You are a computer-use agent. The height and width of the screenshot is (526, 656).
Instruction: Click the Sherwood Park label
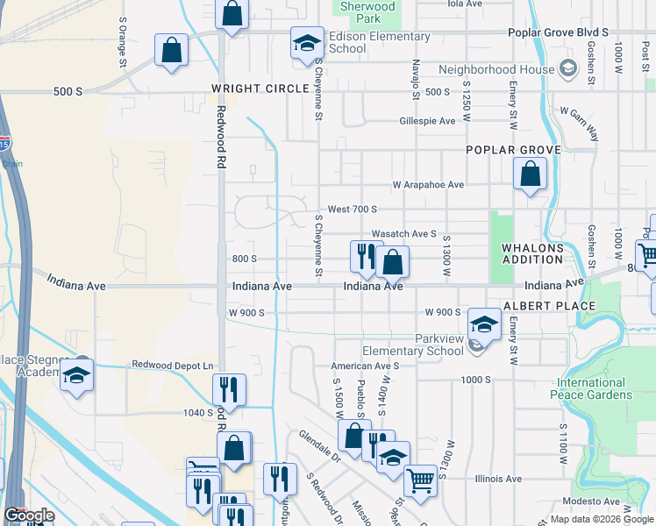coord(367,12)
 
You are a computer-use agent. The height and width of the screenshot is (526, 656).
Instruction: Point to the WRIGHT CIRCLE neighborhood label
coord(255,89)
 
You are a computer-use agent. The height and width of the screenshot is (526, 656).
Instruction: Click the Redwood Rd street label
coord(220,138)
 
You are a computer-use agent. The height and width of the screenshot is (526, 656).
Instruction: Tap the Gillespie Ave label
coord(427,121)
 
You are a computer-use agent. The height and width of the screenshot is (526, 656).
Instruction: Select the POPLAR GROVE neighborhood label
coord(513,150)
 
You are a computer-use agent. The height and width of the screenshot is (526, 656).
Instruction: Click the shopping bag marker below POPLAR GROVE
coord(531,174)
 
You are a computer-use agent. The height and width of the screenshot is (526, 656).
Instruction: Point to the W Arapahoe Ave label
coord(428,185)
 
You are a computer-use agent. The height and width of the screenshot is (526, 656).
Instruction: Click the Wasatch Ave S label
coord(403,234)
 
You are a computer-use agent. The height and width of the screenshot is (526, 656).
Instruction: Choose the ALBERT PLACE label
coord(549,306)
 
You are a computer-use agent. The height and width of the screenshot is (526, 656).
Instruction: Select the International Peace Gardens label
coord(592,388)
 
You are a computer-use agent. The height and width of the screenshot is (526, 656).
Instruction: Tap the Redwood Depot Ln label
coord(172,365)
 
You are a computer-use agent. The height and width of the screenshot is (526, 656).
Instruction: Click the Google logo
coord(29,515)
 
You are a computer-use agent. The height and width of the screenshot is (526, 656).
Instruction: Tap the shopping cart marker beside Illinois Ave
coord(420,480)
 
